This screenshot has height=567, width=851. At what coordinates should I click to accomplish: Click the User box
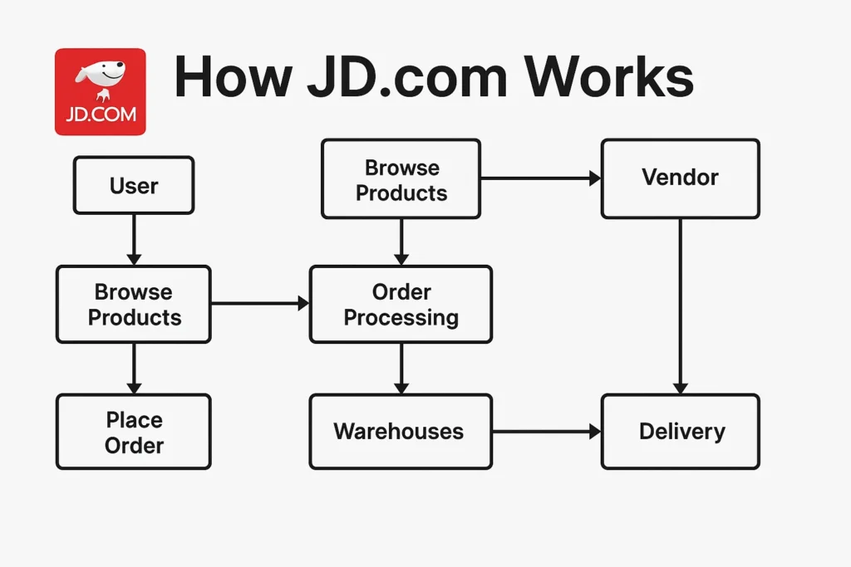pos(134,185)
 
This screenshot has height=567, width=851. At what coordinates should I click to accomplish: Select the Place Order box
pos(134,432)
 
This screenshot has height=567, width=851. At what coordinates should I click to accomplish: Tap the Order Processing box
pos(401,304)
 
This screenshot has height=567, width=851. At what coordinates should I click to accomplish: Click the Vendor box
pos(680,178)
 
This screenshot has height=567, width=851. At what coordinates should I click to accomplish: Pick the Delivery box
pos(680,432)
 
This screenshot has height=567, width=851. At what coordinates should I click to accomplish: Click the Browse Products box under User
pos(134,304)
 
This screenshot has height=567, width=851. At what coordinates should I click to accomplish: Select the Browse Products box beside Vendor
pos(401,179)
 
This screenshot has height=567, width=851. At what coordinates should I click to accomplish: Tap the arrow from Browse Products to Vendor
pos(540,178)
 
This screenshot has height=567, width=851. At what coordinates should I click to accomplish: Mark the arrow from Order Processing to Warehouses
pos(401,368)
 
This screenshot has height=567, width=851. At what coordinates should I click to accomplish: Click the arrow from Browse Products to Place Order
pos(134,368)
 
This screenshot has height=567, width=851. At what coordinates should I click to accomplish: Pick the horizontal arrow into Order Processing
pos(259,304)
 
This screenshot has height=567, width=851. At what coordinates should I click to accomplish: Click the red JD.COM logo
pos(100,91)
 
